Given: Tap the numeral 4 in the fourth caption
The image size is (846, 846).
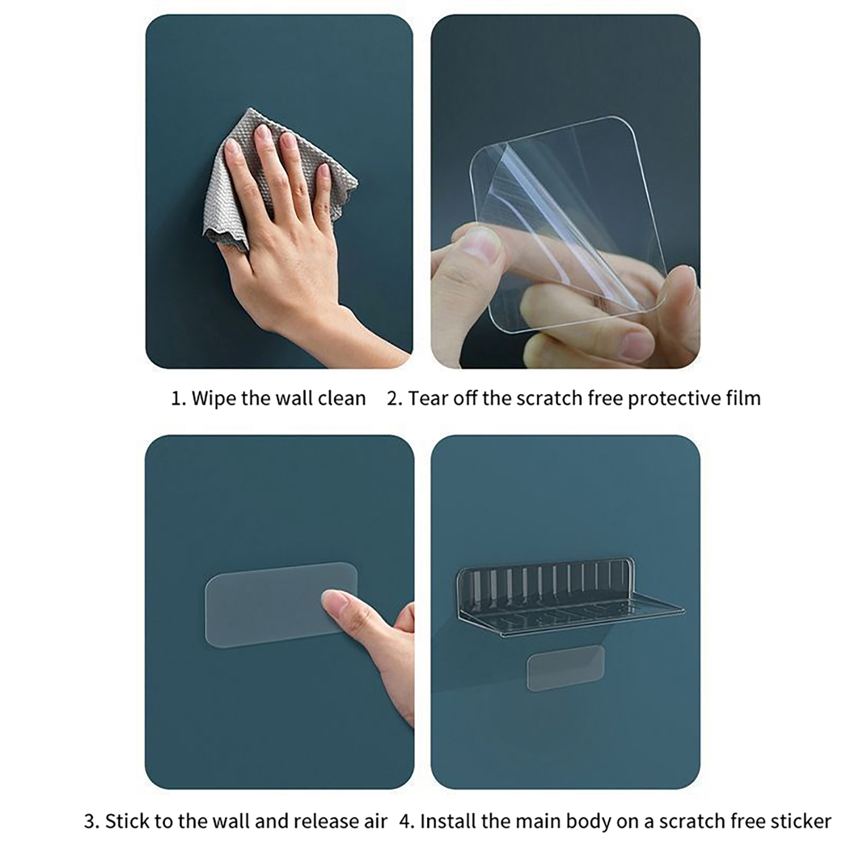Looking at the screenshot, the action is click(406, 821).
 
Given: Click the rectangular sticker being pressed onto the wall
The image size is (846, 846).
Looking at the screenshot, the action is click(280, 605).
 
